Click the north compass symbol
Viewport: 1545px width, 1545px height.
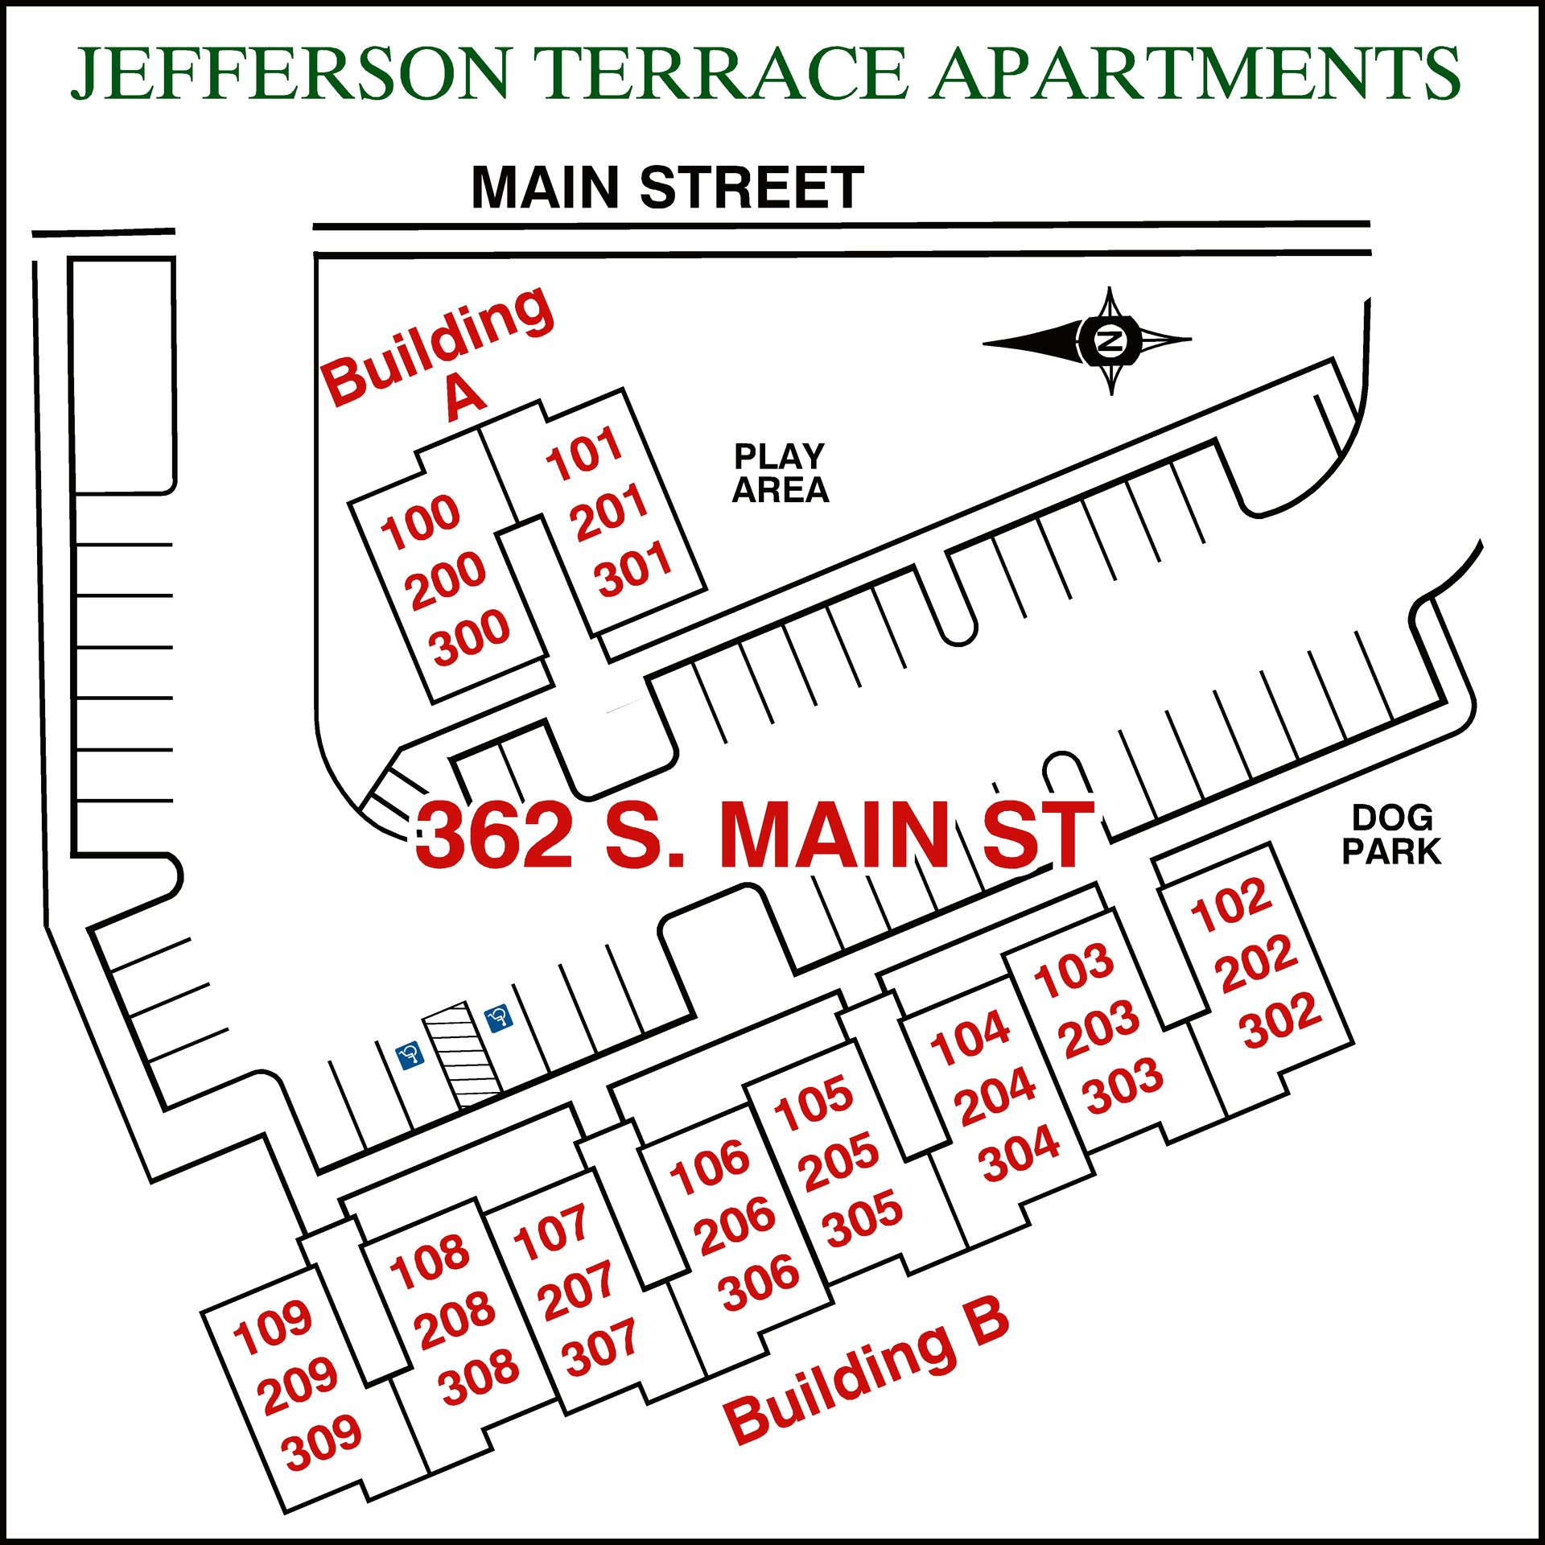1110,341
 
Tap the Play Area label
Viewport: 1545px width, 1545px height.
780,473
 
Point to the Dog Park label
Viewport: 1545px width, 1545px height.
1391,834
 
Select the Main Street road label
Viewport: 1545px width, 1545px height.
667,187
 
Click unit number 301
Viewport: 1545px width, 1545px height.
633,568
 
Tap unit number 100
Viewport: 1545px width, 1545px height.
420,521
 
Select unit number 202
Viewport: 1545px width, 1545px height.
1259,963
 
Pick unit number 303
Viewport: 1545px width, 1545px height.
1123,1086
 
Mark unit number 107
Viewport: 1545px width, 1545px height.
551,1232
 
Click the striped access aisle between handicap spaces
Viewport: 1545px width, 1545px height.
461,1054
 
